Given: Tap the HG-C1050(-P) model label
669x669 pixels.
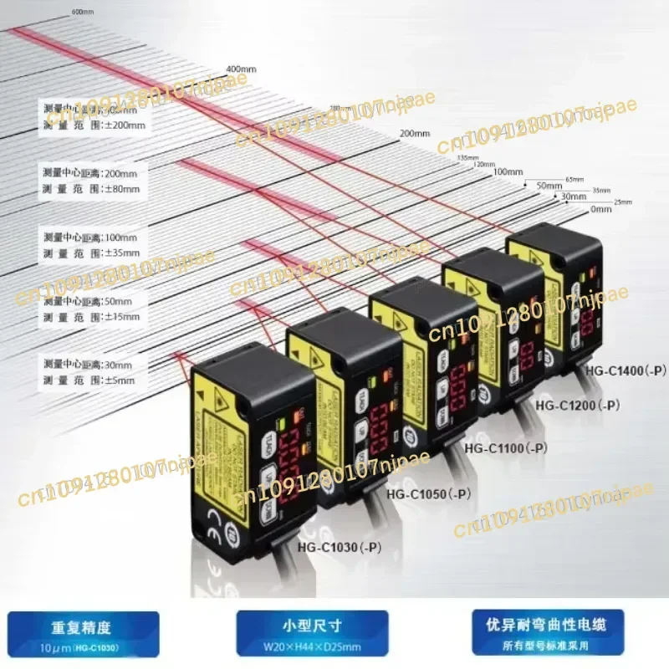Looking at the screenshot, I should [428, 494].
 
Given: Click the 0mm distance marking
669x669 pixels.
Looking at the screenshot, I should [600, 209].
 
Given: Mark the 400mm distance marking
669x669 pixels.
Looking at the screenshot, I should [239, 69].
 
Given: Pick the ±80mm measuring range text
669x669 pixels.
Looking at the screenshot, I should [120, 189].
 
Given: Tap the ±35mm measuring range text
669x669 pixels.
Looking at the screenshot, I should [120, 253].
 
